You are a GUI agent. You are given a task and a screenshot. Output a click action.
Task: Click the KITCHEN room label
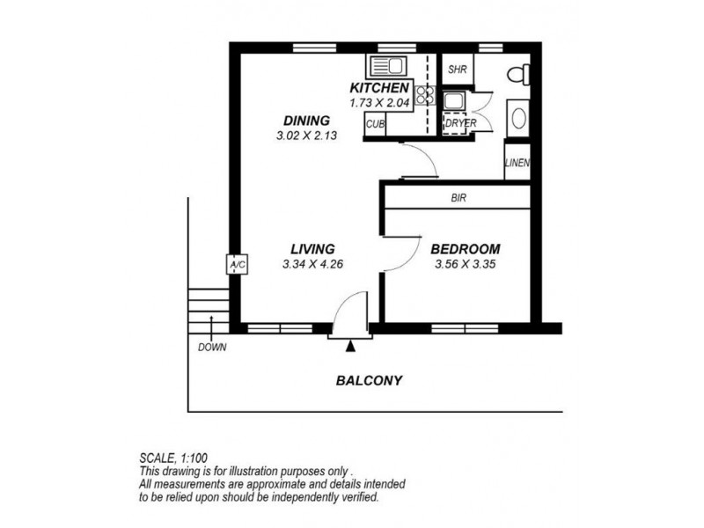coord(379,87)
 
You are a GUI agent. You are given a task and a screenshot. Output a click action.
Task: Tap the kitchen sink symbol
coord(386,67)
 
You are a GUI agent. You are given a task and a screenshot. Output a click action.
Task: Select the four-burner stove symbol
coord(424,95)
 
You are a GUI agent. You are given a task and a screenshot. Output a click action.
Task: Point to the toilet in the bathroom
coord(519,74)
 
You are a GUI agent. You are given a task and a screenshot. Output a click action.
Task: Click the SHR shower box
coord(458,70)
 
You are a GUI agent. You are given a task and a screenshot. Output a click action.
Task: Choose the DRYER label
coord(460,123)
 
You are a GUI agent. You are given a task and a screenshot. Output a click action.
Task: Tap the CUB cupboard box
coord(375,123)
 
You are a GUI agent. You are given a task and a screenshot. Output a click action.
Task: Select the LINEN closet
coord(517,162)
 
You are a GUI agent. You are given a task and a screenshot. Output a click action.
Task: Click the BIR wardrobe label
coord(458,197)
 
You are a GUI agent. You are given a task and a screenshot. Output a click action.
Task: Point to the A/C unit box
coord(237,265)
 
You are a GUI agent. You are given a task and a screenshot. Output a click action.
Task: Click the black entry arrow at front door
coord(350,346)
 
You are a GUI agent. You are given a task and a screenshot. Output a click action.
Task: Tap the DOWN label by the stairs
coord(212,347)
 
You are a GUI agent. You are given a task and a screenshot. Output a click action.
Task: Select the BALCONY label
coord(369,381)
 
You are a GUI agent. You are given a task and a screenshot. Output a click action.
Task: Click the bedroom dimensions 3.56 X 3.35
coord(466,264)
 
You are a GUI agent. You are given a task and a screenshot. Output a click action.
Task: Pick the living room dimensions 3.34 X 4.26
coord(312,264)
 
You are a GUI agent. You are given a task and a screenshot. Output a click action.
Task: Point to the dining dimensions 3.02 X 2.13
coord(306,136)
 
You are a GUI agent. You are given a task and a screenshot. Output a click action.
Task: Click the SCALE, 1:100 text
coord(173,458)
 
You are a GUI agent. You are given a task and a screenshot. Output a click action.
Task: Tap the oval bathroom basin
coord(518,119)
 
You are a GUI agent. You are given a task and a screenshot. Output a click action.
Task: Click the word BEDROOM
coord(466,249)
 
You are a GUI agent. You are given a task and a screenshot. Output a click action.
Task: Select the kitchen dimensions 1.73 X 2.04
coord(379,103)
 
